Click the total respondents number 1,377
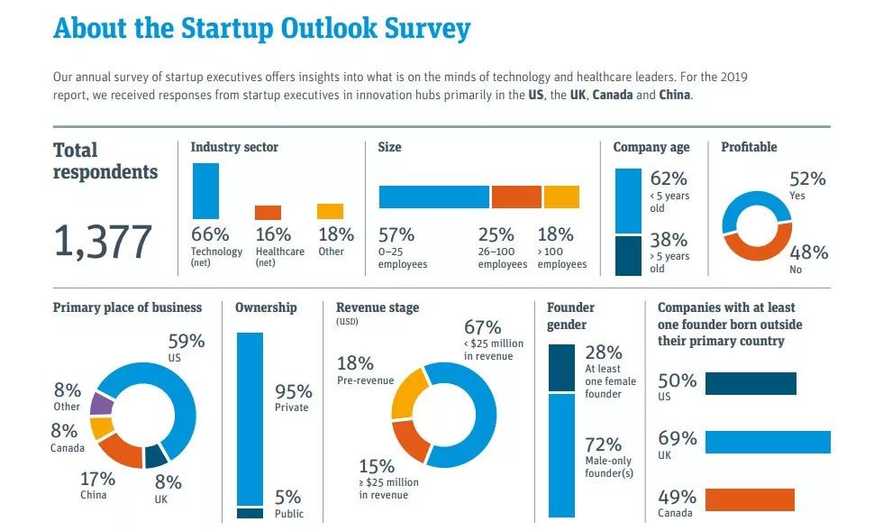(103, 242)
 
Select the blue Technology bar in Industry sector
(205, 191)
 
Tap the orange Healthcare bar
(269, 213)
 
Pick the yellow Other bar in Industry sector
(330, 211)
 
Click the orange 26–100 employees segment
(516, 197)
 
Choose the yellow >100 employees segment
(561, 197)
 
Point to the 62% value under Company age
(669, 179)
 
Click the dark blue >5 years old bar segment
(628, 255)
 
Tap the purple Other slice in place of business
(101, 404)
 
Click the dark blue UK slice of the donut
(156, 456)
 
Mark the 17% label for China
(97, 479)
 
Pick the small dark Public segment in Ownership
(250, 513)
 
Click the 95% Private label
(293, 398)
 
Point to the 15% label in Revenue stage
(377, 467)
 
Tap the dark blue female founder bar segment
(561, 368)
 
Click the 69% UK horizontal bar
(768, 442)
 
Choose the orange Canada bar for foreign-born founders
(750, 499)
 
